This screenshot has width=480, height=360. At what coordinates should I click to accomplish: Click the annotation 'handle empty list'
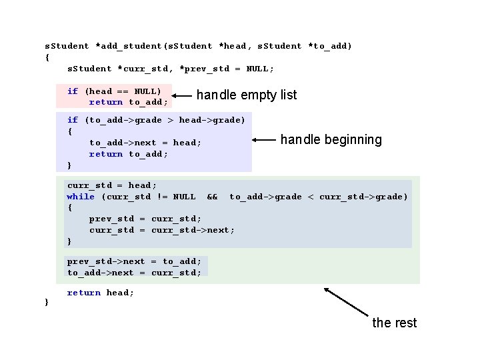point(247,95)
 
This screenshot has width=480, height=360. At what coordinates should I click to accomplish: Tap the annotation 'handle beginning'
point(331,139)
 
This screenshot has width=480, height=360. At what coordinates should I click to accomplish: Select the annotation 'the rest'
point(394,323)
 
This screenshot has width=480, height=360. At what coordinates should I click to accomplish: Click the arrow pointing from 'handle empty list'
point(184,95)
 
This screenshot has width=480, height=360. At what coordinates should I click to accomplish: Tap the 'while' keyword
point(81,196)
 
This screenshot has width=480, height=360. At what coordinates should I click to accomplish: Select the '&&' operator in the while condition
point(213,196)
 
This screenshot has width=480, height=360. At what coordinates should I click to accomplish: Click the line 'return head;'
point(101,293)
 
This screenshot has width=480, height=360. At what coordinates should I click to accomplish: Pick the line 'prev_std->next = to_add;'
point(134,261)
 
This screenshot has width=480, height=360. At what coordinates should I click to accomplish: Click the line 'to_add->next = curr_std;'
point(134,272)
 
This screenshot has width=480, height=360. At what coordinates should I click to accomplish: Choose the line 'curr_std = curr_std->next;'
point(162,230)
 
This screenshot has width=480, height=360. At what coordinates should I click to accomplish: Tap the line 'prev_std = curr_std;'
point(145,219)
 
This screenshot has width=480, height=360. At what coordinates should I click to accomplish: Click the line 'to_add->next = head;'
point(145,143)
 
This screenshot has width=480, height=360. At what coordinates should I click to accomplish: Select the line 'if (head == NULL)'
point(114,91)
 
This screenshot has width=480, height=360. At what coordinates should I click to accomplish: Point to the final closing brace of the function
point(46,303)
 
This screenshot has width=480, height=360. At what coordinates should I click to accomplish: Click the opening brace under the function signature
point(47,57)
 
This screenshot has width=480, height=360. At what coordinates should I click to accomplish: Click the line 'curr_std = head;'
point(111,185)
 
